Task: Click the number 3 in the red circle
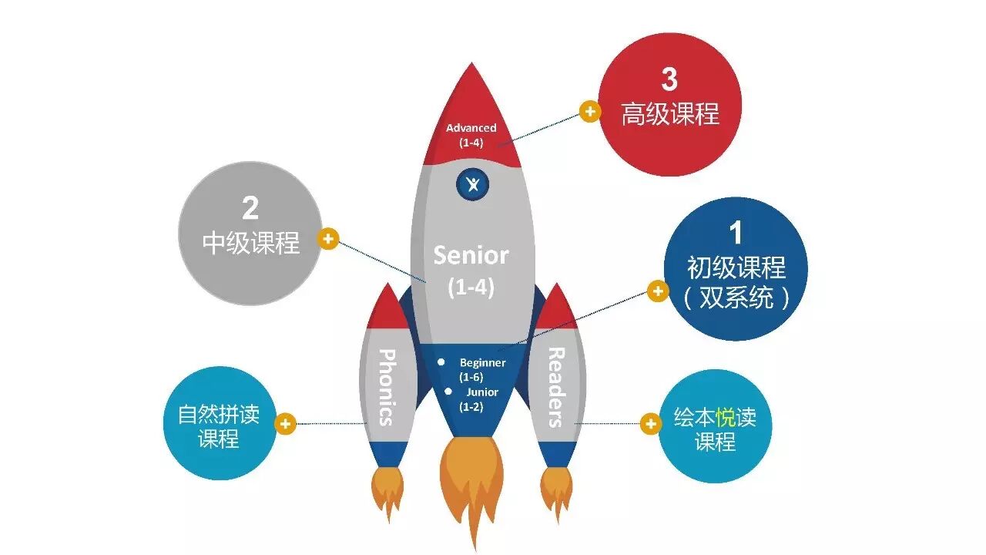point(669,79)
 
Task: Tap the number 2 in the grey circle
point(250,208)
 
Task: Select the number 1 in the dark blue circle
point(736,233)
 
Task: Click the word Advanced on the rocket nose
point(471,128)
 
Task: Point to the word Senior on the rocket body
point(471,255)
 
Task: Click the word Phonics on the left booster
point(387,387)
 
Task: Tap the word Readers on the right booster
point(555,387)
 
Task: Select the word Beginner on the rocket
point(482,362)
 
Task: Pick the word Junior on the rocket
point(481,392)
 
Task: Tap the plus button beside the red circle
point(589,112)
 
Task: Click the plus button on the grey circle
point(328,239)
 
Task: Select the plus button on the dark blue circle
point(657,291)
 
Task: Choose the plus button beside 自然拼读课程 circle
point(286,423)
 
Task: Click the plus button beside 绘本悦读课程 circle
point(651,423)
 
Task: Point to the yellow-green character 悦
point(725,418)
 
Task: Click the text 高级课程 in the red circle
point(670,115)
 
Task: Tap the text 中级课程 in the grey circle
point(250,243)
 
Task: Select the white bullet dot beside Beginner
point(441,362)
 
